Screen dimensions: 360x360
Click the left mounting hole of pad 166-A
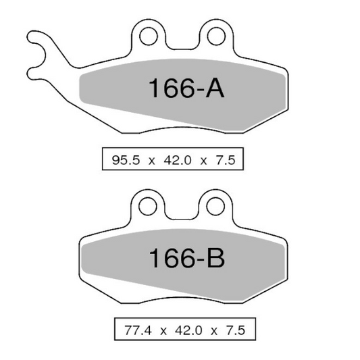pos(149,36)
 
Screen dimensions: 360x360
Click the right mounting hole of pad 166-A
pos(216,36)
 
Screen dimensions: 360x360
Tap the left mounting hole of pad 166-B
pos(148,206)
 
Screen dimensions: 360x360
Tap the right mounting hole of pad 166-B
pos(215,206)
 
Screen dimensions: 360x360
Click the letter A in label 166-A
pos(215,88)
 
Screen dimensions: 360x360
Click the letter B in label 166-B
pos(216,257)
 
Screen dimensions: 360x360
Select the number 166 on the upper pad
pos(172,88)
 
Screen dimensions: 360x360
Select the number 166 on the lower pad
pos(172,258)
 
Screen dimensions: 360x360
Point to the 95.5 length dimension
pos(126,160)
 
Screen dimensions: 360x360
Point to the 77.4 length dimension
pos(138,330)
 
